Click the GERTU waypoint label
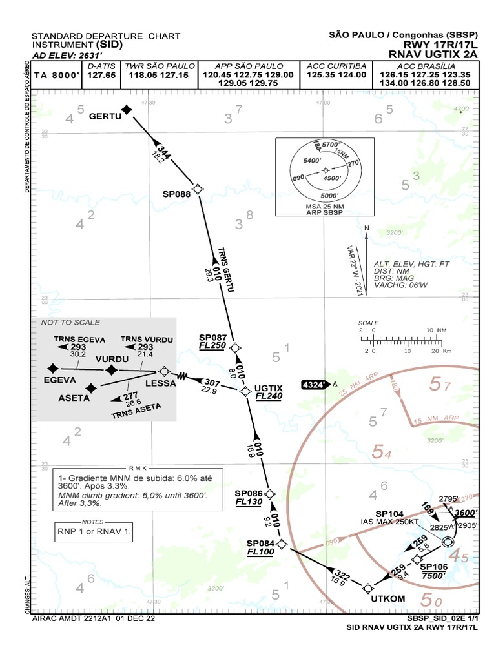105,116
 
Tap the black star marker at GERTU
127,110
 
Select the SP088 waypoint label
177,193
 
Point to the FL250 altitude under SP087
212,346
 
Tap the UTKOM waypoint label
388,598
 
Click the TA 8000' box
57,76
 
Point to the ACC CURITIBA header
336,66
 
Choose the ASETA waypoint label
75,398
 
